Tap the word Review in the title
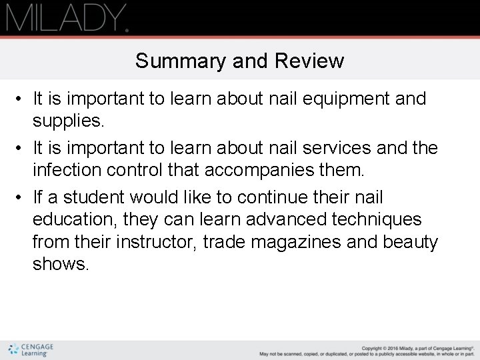(x=310, y=61)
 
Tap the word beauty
(x=411, y=241)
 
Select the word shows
(x=60, y=263)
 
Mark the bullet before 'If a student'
(x=22, y=198)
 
